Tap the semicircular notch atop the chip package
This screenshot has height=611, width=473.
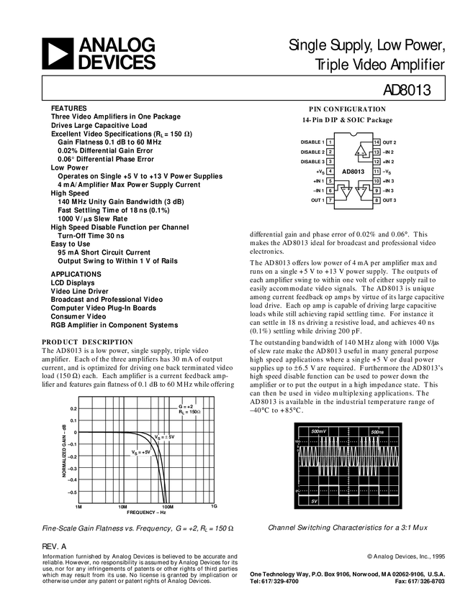353,134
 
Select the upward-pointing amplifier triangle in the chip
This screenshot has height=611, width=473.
362,152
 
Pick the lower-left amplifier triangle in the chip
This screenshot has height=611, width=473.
345,192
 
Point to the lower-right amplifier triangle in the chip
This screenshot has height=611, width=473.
364,192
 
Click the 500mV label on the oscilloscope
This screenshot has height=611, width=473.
318,431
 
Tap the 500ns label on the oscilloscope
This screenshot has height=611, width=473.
378,431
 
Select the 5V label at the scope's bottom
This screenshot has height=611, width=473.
314,500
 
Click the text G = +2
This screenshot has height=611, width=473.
185,406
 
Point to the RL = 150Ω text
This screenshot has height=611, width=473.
189,413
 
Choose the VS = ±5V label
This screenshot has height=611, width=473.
165,437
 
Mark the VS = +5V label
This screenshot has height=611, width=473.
141,452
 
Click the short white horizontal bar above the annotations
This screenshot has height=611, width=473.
96,395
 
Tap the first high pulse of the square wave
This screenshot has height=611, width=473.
328,488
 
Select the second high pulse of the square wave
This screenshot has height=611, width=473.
368,488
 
